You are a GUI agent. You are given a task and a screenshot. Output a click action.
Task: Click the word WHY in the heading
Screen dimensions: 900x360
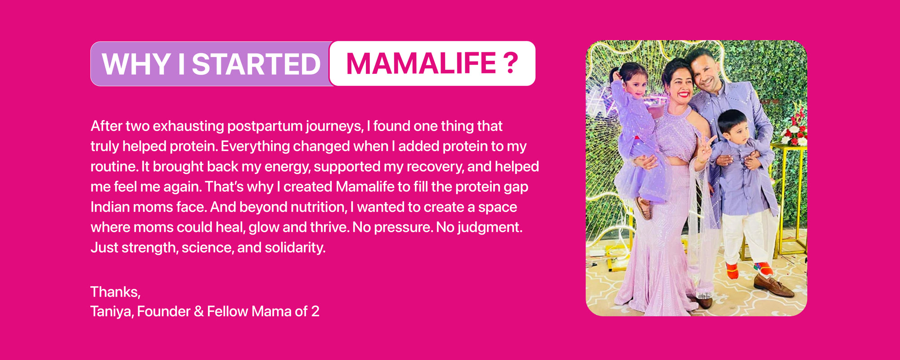[137, 64]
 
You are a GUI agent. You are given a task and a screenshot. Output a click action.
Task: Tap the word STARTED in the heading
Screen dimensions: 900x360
[256, 64]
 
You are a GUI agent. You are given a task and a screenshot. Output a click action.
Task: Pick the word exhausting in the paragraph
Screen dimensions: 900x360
[189, 126]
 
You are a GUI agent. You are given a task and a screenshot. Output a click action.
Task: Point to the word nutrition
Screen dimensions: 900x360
[319, 207]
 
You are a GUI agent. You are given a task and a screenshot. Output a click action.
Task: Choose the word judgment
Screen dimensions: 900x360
[490, 228]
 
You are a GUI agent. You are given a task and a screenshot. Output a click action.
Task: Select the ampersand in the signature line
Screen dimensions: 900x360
[199, 311]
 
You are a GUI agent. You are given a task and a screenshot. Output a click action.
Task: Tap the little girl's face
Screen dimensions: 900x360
[636, 84]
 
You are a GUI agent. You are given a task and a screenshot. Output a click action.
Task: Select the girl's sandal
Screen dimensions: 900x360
[644, 208]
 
